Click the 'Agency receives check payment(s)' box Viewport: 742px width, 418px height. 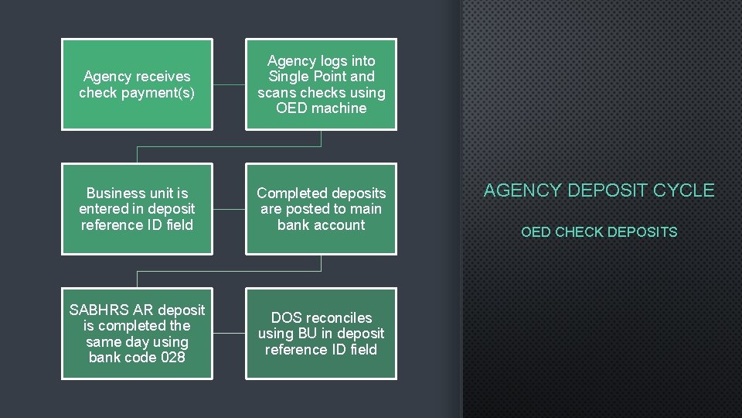[x=137, y=84]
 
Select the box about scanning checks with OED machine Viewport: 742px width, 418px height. [x=321, y=84]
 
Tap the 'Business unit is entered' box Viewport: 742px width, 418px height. [x=137, y=208]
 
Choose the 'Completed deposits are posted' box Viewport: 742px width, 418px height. [x=321, y=208]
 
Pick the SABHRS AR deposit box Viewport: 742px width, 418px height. [x=137, y=333]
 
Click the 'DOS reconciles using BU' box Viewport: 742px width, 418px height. [x=321, y=333]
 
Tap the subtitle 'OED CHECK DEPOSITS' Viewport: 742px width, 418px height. [x=599, y=232]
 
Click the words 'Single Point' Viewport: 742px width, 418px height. [x=321, y=77]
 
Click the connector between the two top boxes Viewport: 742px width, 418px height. [x=229, y=84]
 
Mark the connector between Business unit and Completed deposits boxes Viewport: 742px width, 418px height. [x=229, y=208]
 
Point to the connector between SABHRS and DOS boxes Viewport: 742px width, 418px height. [x=229, y=333]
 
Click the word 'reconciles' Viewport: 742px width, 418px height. [x=339, y=317]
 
